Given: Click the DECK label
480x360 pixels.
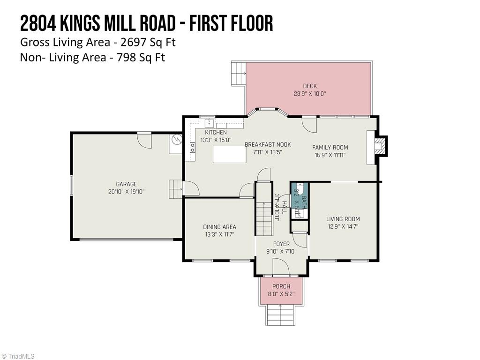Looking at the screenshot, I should click(x=309, y=86).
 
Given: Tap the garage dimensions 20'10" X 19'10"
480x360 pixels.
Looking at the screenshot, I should click(x=127, y=191).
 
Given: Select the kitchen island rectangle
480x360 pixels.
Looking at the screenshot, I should click(x=229, y=154).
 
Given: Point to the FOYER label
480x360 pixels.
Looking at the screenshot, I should click(x=281, y=244).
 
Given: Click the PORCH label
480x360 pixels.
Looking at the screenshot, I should click(x=281, y=286).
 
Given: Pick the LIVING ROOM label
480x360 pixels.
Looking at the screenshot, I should click(x=343, y=219).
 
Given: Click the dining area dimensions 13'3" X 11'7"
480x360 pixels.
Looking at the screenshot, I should click(x=219, y=234).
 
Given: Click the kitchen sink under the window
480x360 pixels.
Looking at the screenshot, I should click(x=210, y=123).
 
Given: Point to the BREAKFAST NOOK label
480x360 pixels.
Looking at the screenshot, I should click(x=268, y=144).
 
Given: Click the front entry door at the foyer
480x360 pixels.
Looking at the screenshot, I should click(x=281, y=268).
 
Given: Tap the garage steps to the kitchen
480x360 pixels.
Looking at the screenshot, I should click(x=175, y=189).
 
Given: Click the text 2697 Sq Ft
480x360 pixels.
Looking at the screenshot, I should click(x=148, y=42).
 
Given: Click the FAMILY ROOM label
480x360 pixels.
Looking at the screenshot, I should click(x=330, y=147).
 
